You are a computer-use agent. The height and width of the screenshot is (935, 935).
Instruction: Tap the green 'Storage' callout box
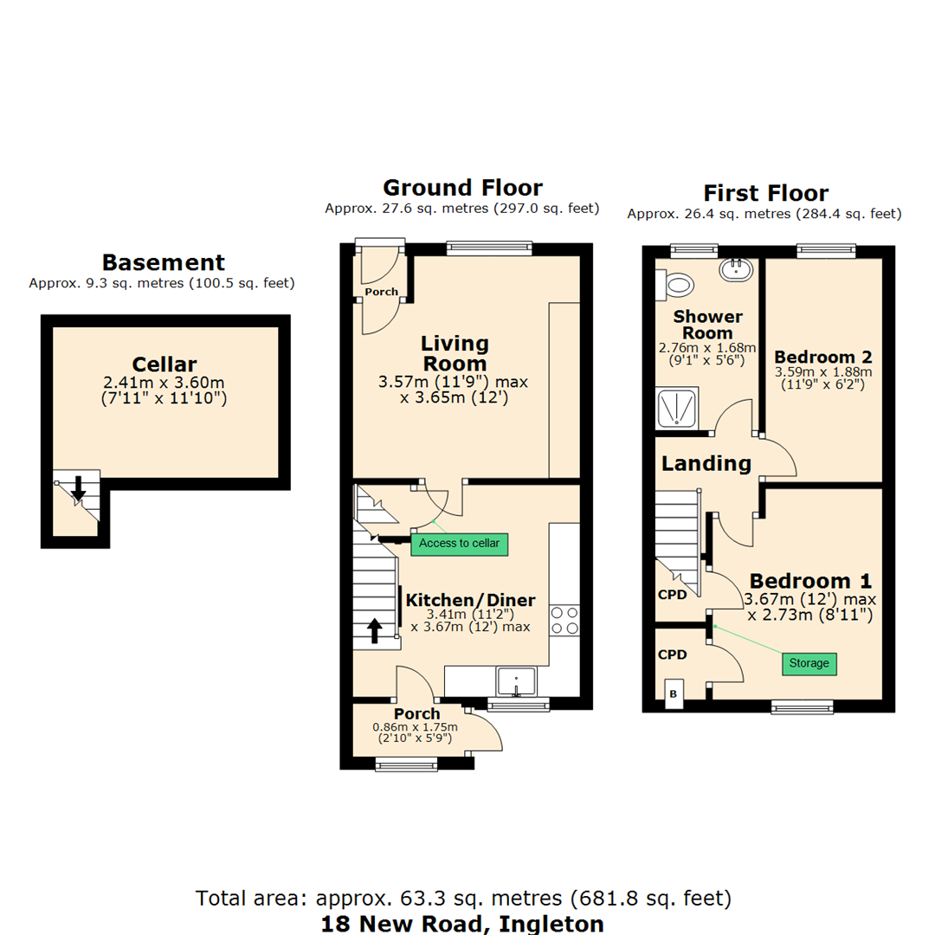[809, 664]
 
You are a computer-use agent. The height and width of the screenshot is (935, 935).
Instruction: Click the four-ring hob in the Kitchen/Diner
[564, 620]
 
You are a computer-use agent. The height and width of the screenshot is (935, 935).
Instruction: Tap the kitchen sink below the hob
[516, 681]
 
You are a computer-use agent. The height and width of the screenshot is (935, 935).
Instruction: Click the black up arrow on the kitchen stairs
[375, 629]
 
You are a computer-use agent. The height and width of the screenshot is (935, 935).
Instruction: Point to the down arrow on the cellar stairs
[78, 488]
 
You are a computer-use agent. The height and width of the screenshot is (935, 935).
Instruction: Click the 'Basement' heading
[164, 262]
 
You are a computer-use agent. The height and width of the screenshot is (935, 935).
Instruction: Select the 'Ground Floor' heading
[463, 188]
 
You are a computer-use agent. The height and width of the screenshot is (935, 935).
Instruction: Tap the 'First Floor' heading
[765, 192]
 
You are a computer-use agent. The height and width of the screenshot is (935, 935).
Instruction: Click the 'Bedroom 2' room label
[822, 357]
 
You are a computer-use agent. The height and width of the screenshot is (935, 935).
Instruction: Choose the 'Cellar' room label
[164, 364]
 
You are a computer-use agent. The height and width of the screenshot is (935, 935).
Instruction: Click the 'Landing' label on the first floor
[706, 463]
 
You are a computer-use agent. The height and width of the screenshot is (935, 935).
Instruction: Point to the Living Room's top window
[489, 248]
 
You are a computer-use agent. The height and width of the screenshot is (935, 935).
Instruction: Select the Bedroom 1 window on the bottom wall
[803, 707]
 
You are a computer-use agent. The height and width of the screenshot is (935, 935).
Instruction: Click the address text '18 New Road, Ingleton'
[462, 923]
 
